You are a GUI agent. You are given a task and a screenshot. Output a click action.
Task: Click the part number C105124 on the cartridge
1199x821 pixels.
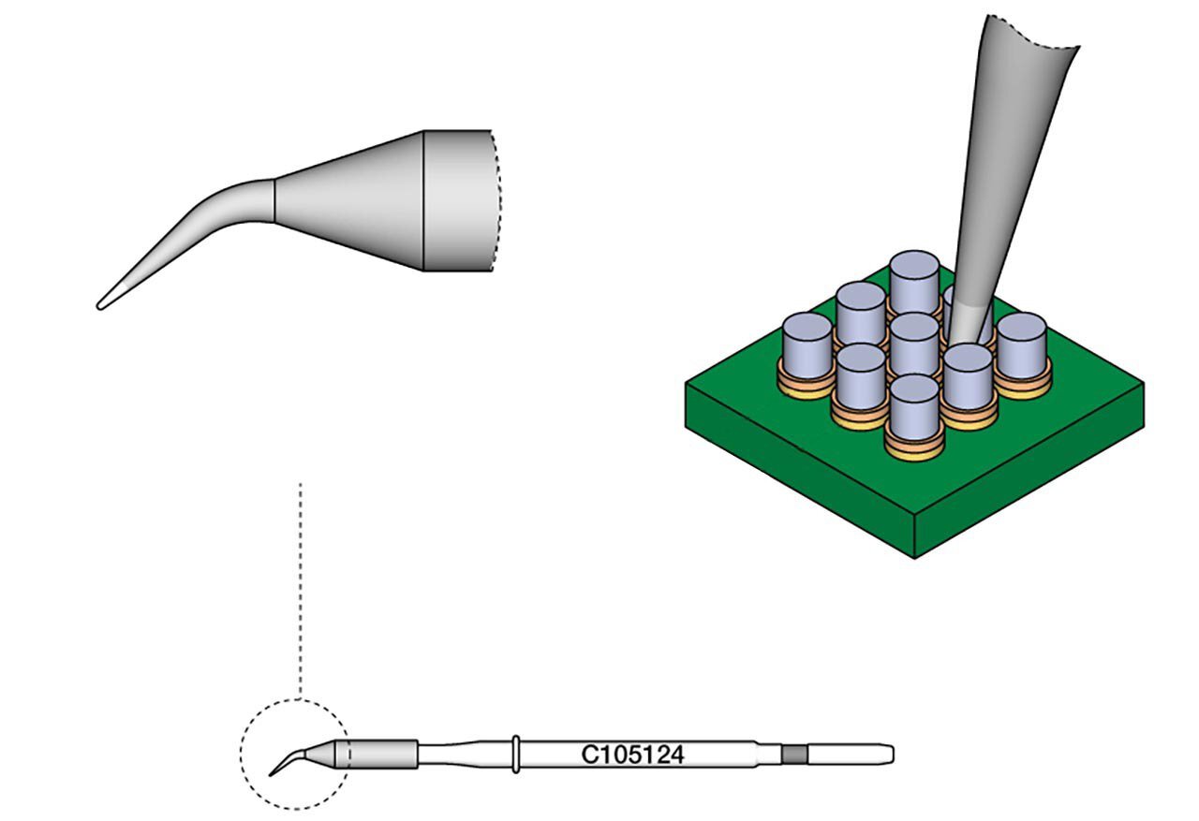pyautogui.click(x=632, y=755)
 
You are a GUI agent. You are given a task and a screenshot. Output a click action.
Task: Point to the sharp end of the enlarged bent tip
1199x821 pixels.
pyautogui.click(x=99, y=306)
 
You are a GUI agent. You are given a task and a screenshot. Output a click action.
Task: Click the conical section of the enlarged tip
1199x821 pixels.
pyautogui.click(x=349, y=200)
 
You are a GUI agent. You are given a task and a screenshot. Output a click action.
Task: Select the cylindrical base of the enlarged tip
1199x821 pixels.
pyautogui.click(x=459, y=200)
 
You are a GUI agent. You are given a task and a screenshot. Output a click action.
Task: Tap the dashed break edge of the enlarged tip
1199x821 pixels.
pyautogui.click(x=497, y=200)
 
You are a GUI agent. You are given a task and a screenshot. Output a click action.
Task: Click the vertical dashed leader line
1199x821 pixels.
pyautogui.click(x=301, y=591)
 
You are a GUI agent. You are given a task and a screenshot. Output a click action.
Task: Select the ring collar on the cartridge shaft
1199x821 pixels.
pyautogui.click(x=515, y=755)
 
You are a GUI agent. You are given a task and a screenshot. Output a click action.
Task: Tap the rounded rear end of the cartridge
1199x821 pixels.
pyautogui.click(x=890, y=755)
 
